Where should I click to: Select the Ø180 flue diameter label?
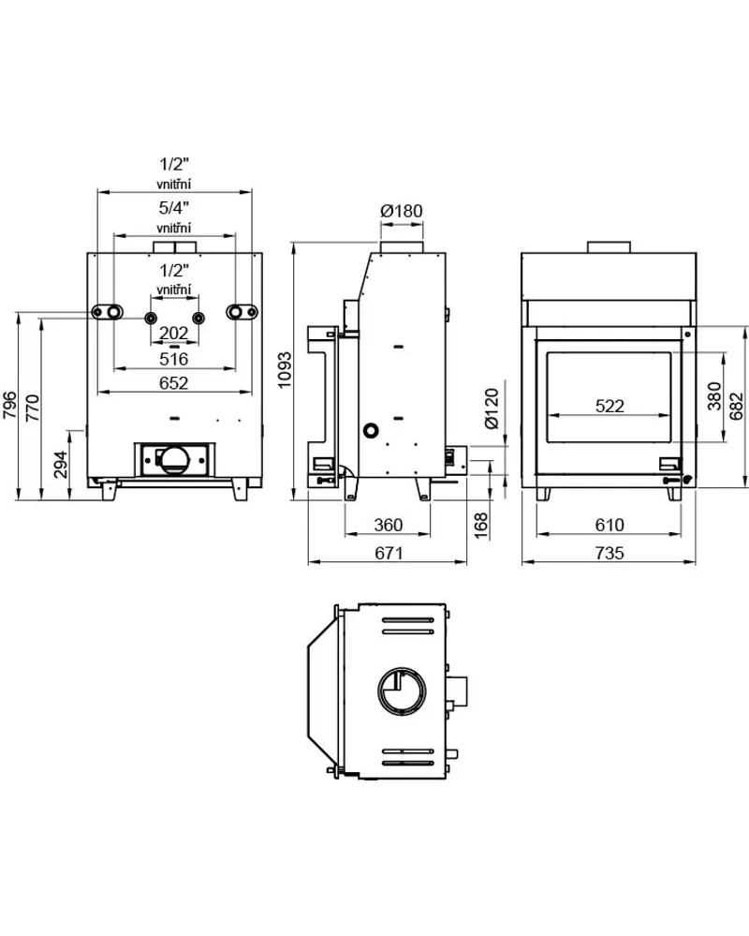[403, 211]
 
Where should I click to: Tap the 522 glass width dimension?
[609, 406]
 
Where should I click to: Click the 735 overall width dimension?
[609, 554]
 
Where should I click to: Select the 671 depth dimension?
[388, 554]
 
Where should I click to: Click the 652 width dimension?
[174, 382]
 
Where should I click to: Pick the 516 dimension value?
[174, 359]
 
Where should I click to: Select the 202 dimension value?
[174, 334]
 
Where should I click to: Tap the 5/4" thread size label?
[174, 206]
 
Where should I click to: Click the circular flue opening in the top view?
[404, 695]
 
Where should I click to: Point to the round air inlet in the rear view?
[175, 458]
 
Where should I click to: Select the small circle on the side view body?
[372, 431]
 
